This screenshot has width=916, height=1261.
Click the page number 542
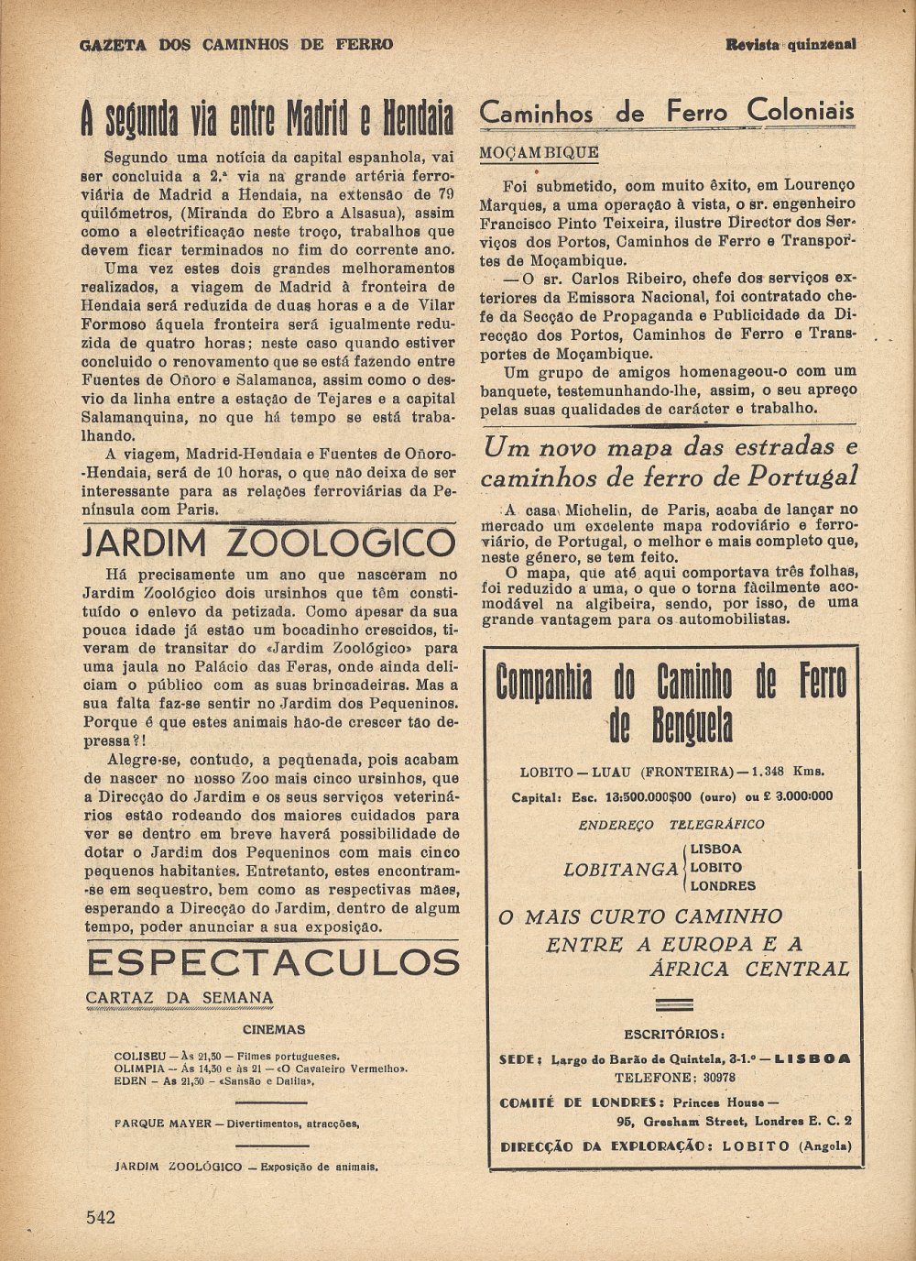[101, 1217]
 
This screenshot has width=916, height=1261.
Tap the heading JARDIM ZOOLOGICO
[268, 543]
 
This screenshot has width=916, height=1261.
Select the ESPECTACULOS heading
[273, 962]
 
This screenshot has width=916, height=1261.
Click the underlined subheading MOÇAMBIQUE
[539, 152]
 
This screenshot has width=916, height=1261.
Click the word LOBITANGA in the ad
[620, 870]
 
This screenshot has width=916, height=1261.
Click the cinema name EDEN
[130, 1081]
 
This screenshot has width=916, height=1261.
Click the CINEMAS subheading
[274, 1029]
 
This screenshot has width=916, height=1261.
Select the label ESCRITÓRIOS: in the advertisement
[673, 1035]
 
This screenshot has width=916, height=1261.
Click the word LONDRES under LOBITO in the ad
[723, 886]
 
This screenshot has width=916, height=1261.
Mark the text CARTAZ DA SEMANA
[180, 998]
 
